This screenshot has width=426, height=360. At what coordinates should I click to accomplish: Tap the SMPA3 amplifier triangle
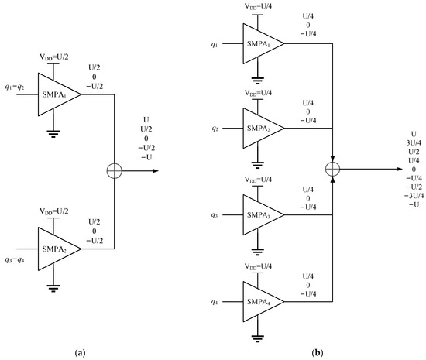(x=260, y=214)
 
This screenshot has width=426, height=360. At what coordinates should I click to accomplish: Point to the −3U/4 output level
(x=412, y=194)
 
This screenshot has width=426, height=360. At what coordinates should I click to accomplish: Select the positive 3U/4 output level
(x=412, y=143)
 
